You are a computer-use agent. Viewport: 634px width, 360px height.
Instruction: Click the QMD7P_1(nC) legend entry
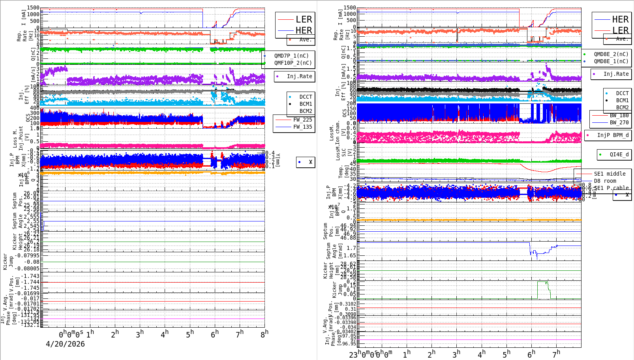[x=291, y=56]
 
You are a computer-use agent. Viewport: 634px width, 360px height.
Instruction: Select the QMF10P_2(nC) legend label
[x=293, y=63]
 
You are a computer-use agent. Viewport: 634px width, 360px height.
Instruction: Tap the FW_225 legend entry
[x=302, y=120]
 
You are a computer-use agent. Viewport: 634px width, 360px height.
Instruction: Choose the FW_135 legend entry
[x=302, y=127]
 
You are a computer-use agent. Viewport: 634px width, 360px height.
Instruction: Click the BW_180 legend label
[x=619, y=115]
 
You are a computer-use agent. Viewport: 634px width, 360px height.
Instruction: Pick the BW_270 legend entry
[x=619, y=122]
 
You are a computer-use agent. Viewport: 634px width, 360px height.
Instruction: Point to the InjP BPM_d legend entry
[x=613, y=135]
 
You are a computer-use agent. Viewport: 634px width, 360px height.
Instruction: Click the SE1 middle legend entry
[x=610, y=174]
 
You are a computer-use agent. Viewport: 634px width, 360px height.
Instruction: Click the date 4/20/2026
[x=65, y=344]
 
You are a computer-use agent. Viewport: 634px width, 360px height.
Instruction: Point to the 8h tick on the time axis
[x=264, y=334]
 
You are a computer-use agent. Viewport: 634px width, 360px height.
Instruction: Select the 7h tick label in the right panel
[x=556, y=354]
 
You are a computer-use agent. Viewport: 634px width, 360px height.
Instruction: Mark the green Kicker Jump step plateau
[x=542, y=281]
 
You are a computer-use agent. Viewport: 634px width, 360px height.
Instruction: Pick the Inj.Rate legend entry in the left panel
[x=299, y=76]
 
